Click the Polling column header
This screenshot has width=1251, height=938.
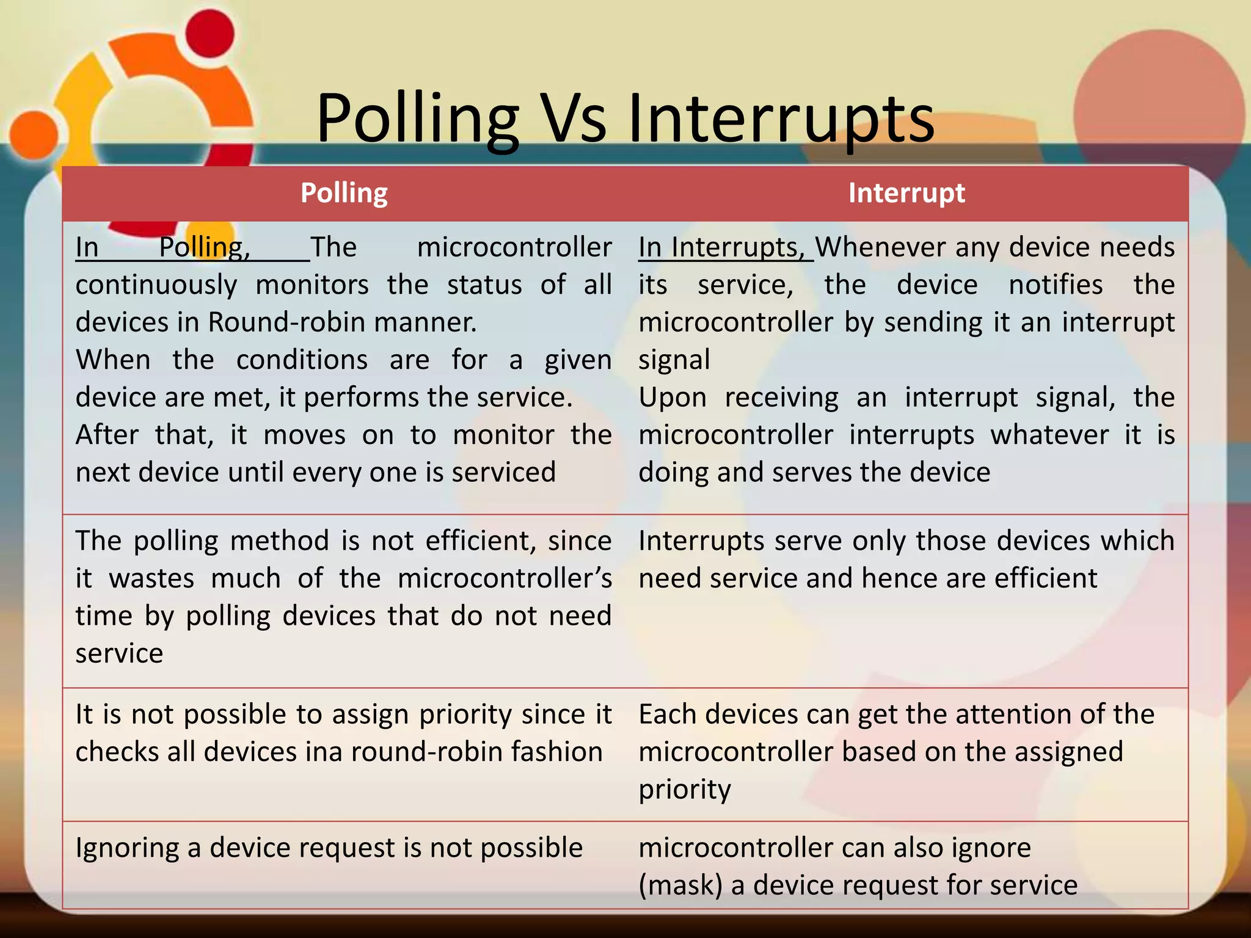[344, 193]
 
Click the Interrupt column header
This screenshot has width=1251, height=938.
[906, 193]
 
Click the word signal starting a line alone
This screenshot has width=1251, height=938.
[674, 360]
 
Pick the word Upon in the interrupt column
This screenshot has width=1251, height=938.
[673, 398]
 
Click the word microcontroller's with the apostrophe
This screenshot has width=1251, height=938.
[505, 578]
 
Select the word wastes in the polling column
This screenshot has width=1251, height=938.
[151, 578]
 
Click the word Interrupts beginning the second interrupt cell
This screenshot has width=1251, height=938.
[701, 541]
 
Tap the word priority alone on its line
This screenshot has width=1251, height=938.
[685, 790]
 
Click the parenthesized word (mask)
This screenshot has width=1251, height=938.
[680, 885]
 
